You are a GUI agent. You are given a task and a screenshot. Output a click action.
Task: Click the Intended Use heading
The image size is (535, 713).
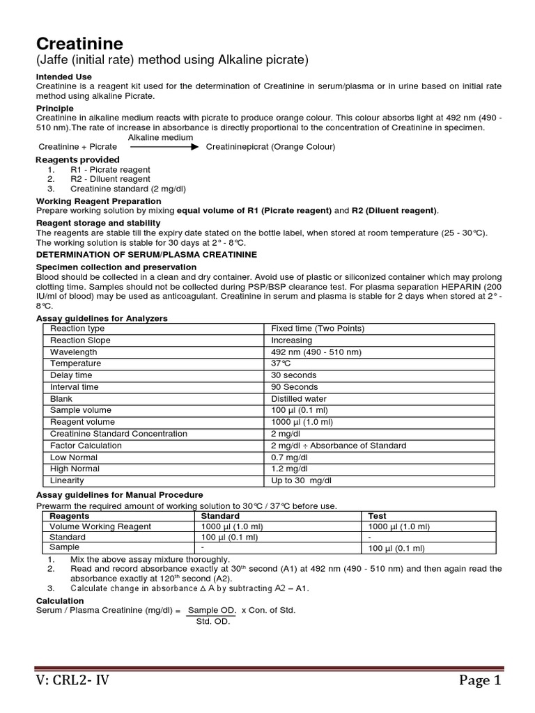pyautogui.click(x=63, y=77)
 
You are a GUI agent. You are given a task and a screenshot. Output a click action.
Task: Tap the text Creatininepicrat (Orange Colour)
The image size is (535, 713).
pyautogui.click(x=270, y=147)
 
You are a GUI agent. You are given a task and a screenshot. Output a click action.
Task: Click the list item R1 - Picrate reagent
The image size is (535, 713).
pyautogui.click(x=110, y=170)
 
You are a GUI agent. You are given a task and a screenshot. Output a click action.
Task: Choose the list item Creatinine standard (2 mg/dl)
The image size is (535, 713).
pyautogui.click(x=127, y=189)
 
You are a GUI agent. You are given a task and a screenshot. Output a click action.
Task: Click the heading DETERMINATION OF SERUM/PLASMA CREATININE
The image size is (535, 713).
pyautogui.click(x=146, y=255)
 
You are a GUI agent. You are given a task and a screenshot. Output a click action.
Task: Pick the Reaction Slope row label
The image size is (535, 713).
pyautogui.click(x=80, y=340)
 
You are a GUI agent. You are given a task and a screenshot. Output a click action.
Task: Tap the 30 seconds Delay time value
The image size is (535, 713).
pyautogui.click(x=293, y=375)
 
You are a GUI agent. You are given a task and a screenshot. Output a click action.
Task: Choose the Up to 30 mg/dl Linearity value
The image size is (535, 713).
pyautogui.click(x=300, y=481)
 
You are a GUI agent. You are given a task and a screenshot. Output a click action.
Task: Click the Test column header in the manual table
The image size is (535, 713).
pyautogui.click(x=378, y=516)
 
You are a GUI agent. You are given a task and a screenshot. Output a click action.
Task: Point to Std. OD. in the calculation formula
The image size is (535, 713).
pyautogui.click(x=212, y=621)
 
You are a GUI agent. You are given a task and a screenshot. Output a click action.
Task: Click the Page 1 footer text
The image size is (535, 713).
pyautogui.click(x=479, y=680)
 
